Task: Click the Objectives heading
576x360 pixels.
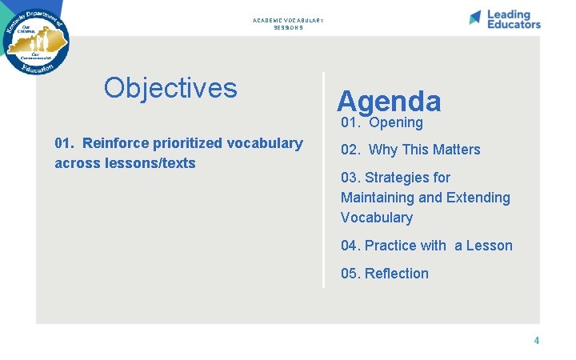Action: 170,88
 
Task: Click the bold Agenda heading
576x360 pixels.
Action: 389,101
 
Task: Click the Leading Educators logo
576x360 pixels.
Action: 505,19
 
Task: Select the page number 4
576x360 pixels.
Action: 537,341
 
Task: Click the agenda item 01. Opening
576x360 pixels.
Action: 382,122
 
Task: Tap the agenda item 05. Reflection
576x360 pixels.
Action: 385,274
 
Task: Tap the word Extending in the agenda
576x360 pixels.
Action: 479,198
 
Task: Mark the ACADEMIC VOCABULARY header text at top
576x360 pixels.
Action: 288,21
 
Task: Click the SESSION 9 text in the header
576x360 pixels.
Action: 288,28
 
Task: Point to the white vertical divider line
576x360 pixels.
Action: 324,180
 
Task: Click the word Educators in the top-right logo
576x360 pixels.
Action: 514,24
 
